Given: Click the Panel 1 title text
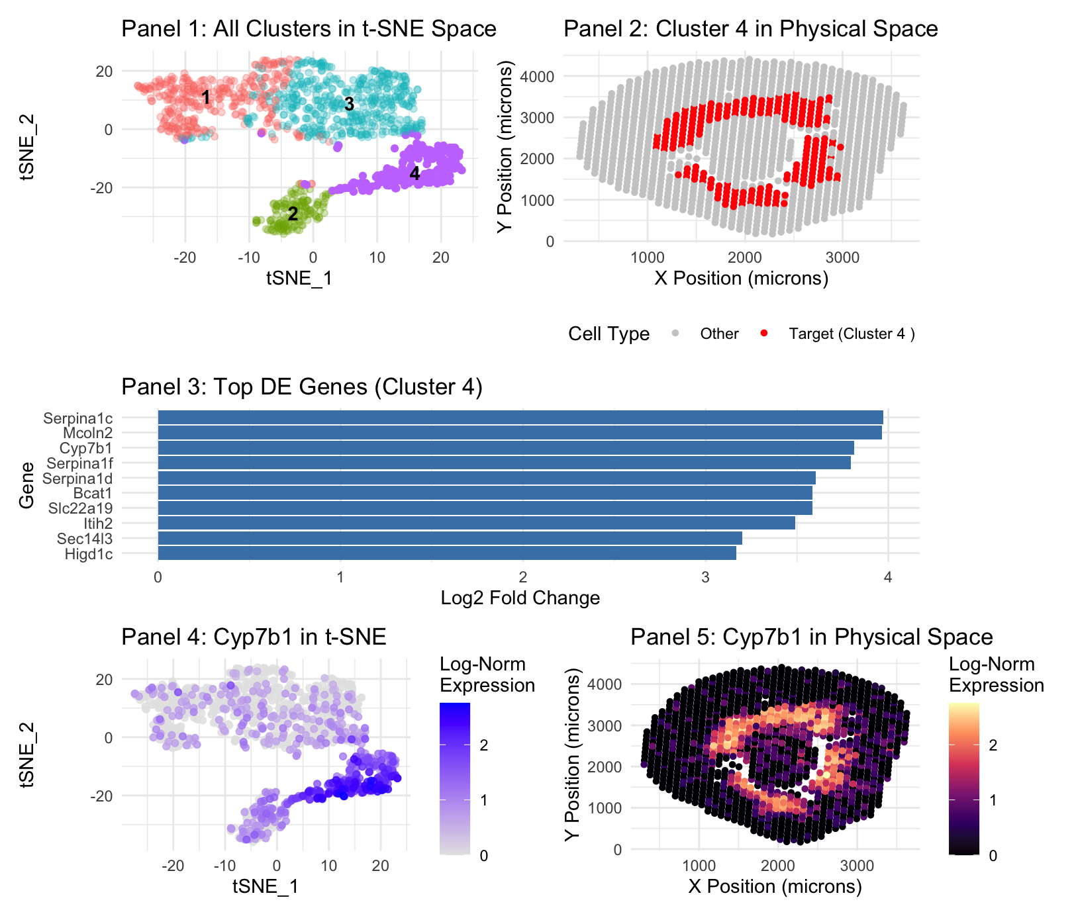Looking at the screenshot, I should [x=309, y=29].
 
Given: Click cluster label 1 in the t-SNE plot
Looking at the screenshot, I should [x=206, y=97].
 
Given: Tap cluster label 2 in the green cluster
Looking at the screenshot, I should [x=293, y=214].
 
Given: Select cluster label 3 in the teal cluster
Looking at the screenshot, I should [x=349, y=104].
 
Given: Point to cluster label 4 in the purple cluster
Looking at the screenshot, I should [x=415, y=173].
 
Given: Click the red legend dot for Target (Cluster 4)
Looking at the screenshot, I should [x=764, y=334].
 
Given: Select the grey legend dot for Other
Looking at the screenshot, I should [x=675, y=334].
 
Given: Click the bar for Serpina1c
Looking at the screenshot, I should [x=520, y=418].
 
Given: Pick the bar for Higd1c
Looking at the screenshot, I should [x=446, y=553].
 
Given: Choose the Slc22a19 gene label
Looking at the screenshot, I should [x=80, y=508].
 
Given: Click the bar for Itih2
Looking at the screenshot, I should [x=476, y=524].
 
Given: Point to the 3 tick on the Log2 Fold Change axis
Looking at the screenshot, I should [x=705, y=578].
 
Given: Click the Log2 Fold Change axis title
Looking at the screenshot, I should [x=520, y=598].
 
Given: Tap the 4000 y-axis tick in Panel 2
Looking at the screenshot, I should [x=541, y=77].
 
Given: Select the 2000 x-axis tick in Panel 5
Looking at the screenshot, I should [x=777, y=866].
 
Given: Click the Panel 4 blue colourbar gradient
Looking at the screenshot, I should [x=455, y=778].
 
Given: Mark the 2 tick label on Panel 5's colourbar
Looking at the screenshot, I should [x=992, y=745].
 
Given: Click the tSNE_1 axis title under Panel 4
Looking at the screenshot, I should [x=266, y=886].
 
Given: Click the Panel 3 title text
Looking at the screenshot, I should [x=301, y=387].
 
